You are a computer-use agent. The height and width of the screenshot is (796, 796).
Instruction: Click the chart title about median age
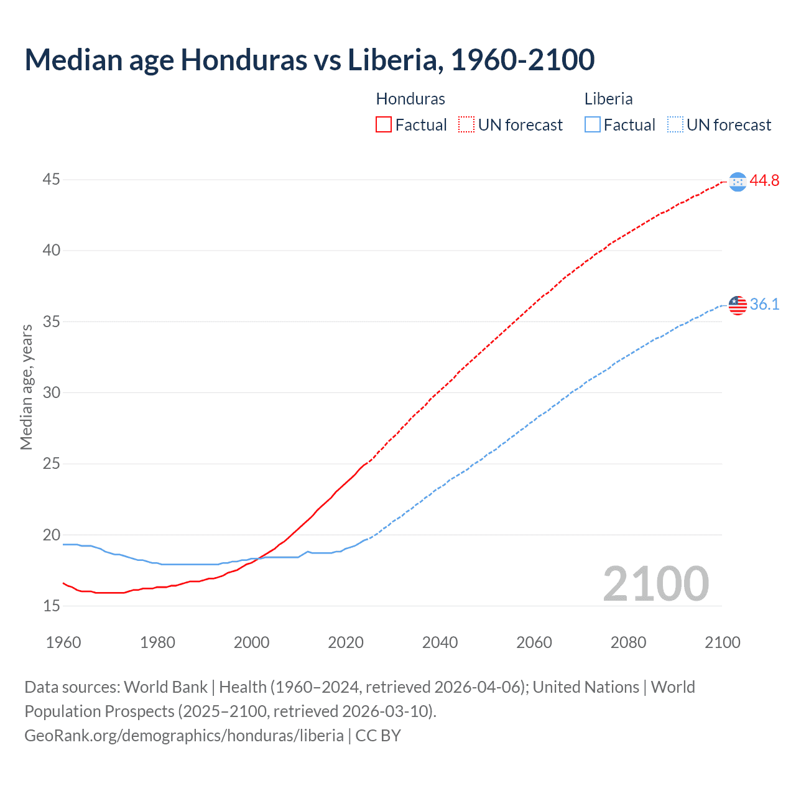pos(310,60)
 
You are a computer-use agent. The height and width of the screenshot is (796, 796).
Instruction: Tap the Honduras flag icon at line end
pos(738,182)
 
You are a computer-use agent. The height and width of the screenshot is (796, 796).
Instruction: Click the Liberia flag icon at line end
pos(738,305)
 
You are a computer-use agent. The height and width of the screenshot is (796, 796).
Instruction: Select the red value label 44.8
pos(764,181)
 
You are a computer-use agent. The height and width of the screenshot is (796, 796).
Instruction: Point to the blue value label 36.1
pos(764,305)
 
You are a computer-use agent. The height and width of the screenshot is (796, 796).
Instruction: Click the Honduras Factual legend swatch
pos(384,125)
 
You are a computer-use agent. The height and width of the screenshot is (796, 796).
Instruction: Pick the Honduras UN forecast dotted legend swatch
pos(466,125)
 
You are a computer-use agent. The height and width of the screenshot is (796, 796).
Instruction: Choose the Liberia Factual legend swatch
pos(593,125)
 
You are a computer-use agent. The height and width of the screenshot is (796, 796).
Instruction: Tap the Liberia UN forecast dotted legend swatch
pos(675,125)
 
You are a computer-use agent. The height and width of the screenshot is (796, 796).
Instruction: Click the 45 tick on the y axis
pos(52,180)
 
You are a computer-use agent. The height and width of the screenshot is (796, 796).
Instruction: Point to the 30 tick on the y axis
pos(52,393)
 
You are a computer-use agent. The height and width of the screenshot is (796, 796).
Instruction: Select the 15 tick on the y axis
pos(52,606)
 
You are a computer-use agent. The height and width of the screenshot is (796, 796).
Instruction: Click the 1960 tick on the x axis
pos(63,642)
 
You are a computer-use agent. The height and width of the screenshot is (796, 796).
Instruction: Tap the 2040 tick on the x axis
pos(440,642)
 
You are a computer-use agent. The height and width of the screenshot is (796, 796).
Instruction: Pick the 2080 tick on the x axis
pos(628,642)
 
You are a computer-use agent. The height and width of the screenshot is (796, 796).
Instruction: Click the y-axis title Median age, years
pos(26,387)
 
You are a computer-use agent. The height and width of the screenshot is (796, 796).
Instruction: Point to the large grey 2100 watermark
pos(655,583)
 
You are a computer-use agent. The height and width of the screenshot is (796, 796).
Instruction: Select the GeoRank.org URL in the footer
pos(184,736)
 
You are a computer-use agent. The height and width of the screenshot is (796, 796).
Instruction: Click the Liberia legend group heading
pos(608,99)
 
